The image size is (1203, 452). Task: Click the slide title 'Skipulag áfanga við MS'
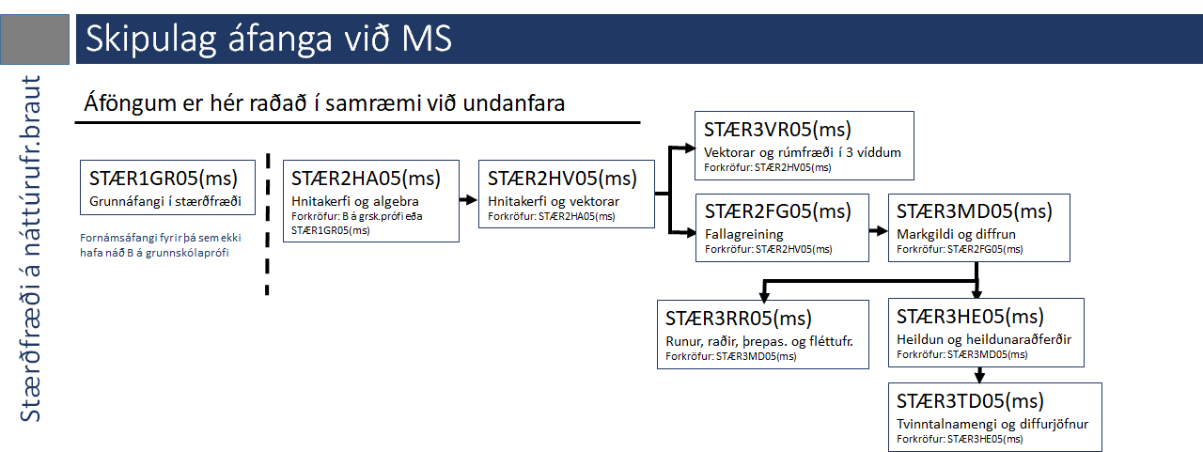pyautogui.click(x=269, y=39)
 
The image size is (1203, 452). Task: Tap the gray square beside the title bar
pyautogui.click(x=35, y=39)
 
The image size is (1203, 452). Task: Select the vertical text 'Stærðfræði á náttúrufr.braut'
pyautogui.click(x=31, y=248)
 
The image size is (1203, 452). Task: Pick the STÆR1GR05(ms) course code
pyautogui.click(x=164, y=179)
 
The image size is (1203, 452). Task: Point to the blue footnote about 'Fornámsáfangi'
pyautogui.click(x=160, y=244)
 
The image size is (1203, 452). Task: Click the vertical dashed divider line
pyautogui.click(x=267, y=225)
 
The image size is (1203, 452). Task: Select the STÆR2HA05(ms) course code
pyautogui.click(x=366, y=179)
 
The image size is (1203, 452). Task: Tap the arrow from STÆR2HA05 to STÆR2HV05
pyautogui.click(x=468, y=200)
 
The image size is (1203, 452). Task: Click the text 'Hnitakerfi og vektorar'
pyautogui.click(x=554, y=201)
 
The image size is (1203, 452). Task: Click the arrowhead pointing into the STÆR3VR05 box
pyautogui.click(x=690, y=148)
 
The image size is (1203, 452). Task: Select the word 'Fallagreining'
pyautogui.click(x=743, y=234)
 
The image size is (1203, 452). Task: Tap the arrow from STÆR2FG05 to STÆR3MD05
pyautogui.click(x=879, y=231)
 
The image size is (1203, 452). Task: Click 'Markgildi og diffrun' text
pyautogui.click(x=956, y=234)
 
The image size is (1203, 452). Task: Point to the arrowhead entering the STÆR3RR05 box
pyautogui.click(x=764, y=296)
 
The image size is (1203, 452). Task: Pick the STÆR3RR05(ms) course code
pyautogui.click(x=739, y=319)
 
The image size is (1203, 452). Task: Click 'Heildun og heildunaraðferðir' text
pyautogui.click(x=984, y=339)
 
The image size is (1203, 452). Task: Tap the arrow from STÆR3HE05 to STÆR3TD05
pyautogui.click(x=979, y=375)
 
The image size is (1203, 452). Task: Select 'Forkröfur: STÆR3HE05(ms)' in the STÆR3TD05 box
pyautogui.click(x=960, y=439)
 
